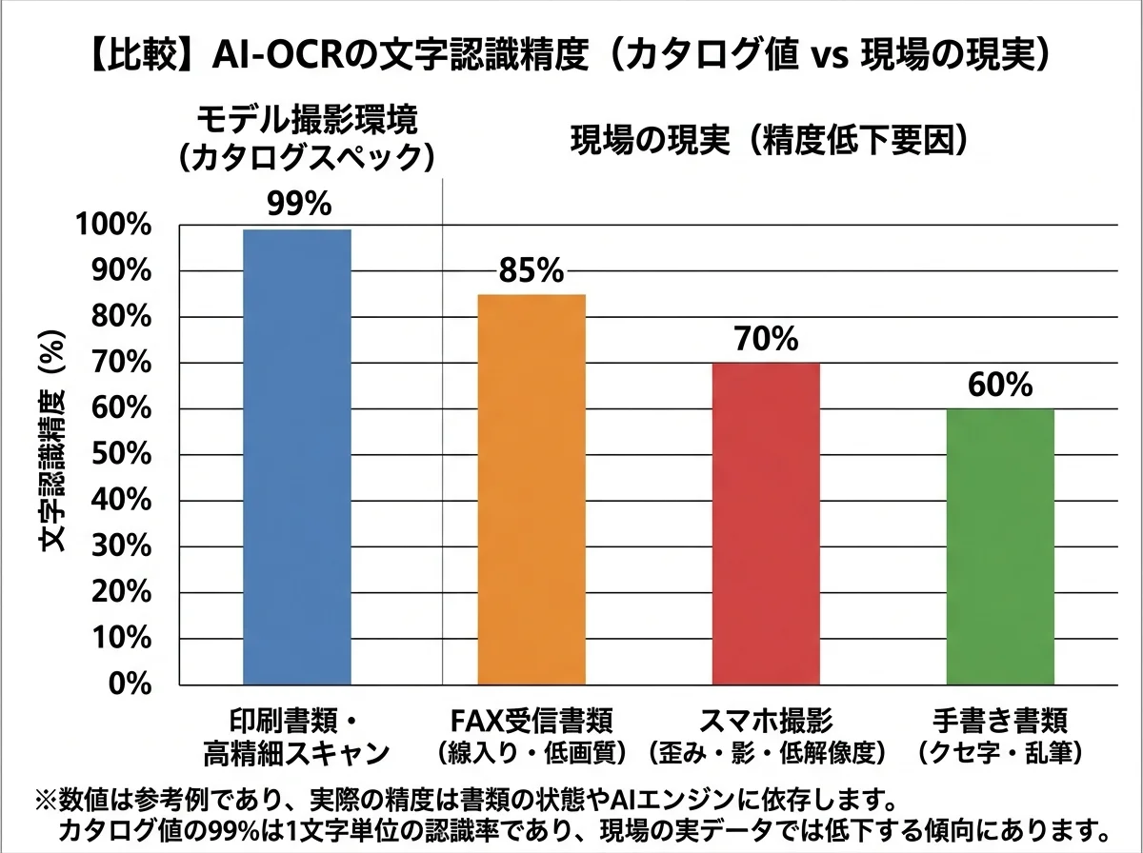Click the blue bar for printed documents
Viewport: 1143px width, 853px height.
tap(297, 457)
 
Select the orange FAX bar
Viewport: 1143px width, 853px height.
tap(531, 489)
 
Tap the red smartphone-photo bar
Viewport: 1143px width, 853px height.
tap(765, 524)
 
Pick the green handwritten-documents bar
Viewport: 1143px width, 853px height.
tap(999, 546)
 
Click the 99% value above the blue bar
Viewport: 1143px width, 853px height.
tap(297, 206)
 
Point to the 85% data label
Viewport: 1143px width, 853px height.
tap(531, 271)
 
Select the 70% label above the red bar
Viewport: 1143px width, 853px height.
tap(766, 340)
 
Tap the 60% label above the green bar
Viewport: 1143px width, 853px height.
tap(999, 386)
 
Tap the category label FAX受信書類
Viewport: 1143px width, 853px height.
tap(531, 718)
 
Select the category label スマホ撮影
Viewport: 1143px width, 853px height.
tap(766, 718)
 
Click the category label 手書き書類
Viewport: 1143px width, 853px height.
tap(1000, 718)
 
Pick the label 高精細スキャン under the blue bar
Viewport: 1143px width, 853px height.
tap(297, 753)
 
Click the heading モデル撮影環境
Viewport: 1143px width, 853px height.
tap(307, 121)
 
